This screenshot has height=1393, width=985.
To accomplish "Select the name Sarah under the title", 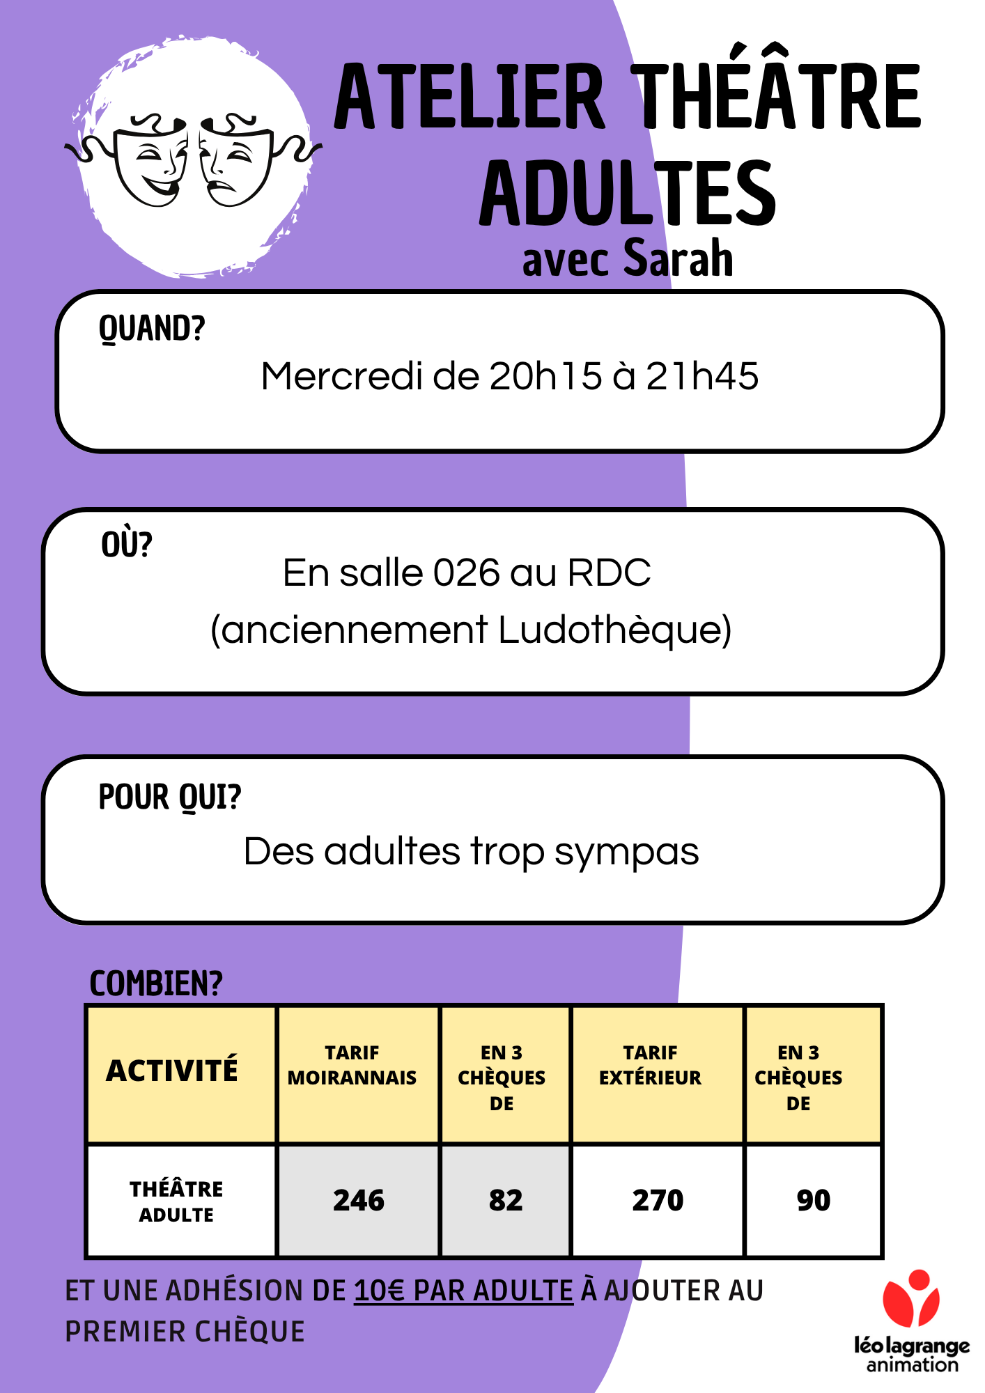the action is pos(678,257).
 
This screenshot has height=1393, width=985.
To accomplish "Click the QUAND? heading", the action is pos(152,328).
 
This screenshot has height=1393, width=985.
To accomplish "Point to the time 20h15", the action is pos(545,376).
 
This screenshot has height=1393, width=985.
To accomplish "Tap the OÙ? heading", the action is pos(126,543).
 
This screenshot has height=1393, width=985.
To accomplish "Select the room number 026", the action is pos(467,573).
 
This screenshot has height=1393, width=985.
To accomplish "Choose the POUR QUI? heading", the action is pos(170,797).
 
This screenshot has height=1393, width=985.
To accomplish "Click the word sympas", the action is pos(626,853).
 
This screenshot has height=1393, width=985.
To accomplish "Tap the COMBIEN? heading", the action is pos(156,983).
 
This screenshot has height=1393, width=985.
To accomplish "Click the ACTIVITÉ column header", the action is pos(172,1071).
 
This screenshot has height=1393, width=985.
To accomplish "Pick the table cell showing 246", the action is pos(358,1200).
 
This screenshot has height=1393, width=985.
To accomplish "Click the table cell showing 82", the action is pos(506,1200).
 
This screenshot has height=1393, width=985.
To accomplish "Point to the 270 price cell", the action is pos(658,1200).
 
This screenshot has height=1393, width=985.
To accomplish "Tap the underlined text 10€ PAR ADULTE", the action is pos(464,1291).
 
